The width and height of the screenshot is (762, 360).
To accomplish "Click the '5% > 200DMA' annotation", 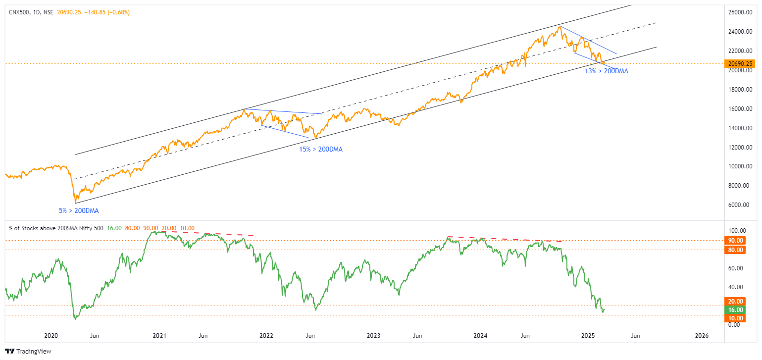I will coord(79,211).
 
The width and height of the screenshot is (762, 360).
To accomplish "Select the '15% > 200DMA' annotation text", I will coord(320,149).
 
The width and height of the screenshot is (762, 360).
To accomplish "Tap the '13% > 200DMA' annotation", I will coord(607,71).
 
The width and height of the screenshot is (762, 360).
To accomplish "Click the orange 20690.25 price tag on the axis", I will coord(741,64).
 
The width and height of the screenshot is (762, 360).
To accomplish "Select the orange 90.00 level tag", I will coord(735,241).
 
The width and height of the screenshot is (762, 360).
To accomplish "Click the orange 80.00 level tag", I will coord(735,250).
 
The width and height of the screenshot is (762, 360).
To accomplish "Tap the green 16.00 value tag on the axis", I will coord(735,310).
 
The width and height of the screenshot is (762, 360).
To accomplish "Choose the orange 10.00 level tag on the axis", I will coord(735,318).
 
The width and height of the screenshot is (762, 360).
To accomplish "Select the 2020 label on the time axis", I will coord(51,336).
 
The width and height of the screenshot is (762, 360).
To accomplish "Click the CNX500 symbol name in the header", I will coord(18,12).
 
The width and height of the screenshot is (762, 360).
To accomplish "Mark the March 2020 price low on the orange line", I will coord(74,203).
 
